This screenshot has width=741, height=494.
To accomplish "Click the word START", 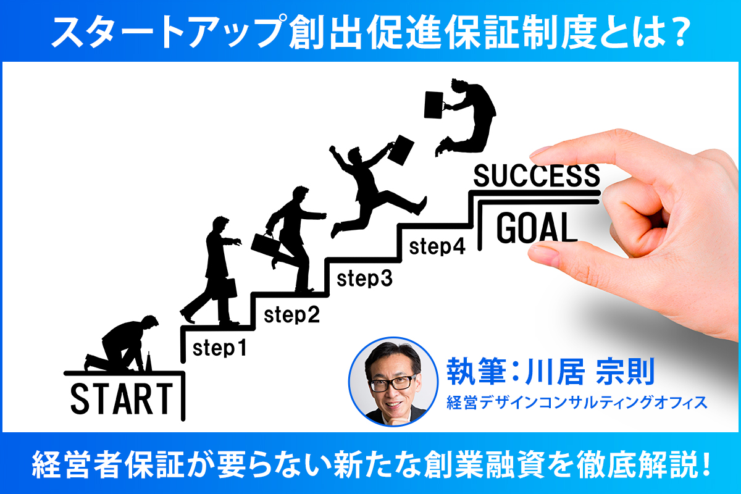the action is pyautogui.click(x=122, y=399).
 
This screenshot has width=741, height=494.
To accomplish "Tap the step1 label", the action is pyautogui.click(x=220, y=348).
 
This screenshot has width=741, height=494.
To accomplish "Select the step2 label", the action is pyautogui.click(x=291, y=314).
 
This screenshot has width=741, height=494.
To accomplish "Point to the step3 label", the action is pyautogui.click(x=364, y=278).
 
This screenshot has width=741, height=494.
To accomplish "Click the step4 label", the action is pyautogui.click(x=437, y=246).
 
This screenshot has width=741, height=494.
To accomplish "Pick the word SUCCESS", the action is pyautogui.click(x=537, y=175).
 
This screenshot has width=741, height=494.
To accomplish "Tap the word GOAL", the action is pyautogui.click(x=537, y=228).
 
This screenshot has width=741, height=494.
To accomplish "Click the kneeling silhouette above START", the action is pyautogui.click(x=122, y=343).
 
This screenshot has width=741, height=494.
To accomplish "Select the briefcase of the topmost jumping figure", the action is pyautogui.click(x=433, y=104).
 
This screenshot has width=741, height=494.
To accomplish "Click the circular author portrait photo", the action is pyautogui.click(x=393, y=382).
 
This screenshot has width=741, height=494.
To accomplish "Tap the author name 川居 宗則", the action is pyautogui.click(x=590, y=371).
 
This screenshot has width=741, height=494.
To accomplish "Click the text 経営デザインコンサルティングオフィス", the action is pyautogui.click(x=577, y=403).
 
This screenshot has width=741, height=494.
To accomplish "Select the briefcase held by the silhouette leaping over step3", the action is pyautogui.click(x=401, y=150).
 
